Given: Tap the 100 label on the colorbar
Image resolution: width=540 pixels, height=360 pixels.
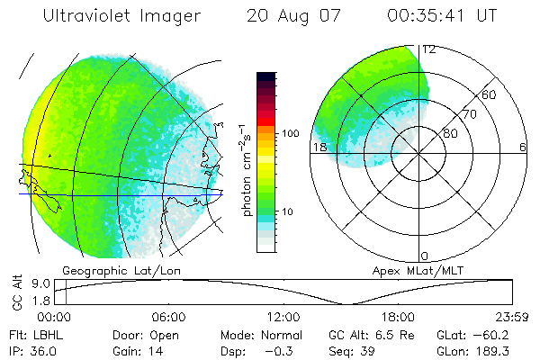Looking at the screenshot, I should pyautogui.click(x=289, y=133).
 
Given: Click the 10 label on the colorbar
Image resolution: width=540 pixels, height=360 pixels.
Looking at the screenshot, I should pyautogui.click(x=289, y=212).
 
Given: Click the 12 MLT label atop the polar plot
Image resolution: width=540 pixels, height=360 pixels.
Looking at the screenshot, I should pyautogui.click(x=429, y=49).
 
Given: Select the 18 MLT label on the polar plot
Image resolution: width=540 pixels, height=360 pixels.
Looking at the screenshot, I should pyautogui.click(x=319, y=148).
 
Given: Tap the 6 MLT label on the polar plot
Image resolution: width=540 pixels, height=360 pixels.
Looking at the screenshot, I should pyautogui.click(x=523, y=148).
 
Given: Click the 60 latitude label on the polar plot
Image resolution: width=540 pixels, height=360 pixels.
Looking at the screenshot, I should pyautogui.click(x=490, y=94).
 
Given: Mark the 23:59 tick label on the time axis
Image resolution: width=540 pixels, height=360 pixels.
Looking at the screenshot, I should pyautogui.click(x=511, y=317).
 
